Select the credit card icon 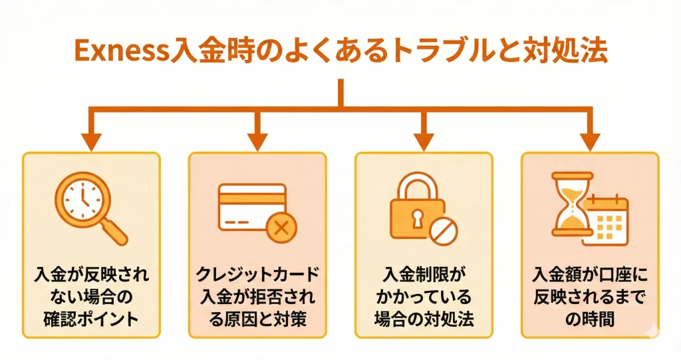click(x=252, y=205)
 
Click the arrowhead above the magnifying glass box click(x=91, y=140)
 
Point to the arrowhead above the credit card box click(x=257, y=140)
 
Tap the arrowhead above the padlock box click(x=423, y=140)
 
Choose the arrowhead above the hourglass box click(x=589, y=140)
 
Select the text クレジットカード click(x=257, y=274)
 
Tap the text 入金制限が click(x=423, y=274)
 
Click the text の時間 click(x=589, y=318)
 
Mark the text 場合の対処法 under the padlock click(x=423, y=318)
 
